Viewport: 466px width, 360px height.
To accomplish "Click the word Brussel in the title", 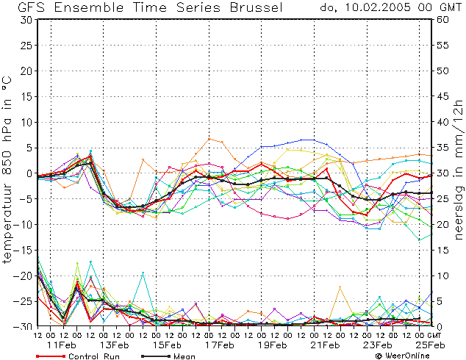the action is tap(257, 7).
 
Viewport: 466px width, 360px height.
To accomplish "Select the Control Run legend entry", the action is tap(78, 356).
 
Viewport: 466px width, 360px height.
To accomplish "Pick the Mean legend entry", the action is tap(168, 356).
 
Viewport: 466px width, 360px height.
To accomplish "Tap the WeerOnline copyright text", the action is tap(402, 356).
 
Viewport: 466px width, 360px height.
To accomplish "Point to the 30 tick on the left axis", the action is tap(26, 20).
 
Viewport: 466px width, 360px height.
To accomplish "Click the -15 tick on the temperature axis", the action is tap(24, 251).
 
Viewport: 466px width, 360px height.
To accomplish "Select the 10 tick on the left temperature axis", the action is tap(26, 122).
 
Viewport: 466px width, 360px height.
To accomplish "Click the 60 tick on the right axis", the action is tap(442, 20).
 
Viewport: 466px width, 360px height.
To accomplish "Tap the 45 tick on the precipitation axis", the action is tap(442, 96).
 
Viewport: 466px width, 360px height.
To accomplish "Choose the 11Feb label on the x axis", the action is tap(61, 345).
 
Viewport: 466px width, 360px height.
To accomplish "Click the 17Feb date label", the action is tap(219, 345).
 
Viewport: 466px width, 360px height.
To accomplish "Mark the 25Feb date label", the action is tap(430, 345).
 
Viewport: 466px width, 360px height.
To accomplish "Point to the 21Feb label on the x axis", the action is tap(325, 345).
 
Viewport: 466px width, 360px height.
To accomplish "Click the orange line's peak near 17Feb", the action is tap(209, 139).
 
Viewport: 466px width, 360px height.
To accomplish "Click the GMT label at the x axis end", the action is tap(434, 335).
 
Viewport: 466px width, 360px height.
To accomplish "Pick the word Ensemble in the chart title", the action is tap(88, 7).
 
